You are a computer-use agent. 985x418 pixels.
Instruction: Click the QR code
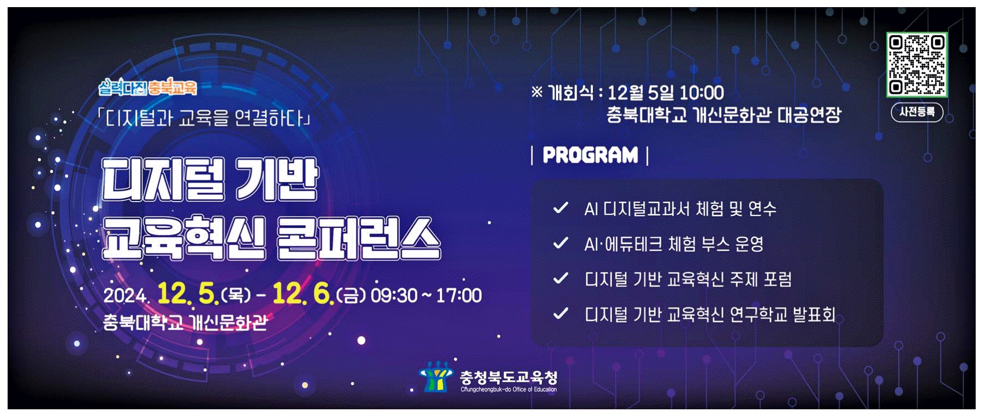point(916,65)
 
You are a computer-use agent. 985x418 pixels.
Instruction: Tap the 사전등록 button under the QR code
point(917,112)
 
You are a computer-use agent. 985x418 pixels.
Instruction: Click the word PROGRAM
point(590,155)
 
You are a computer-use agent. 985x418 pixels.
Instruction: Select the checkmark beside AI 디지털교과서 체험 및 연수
point(561,208)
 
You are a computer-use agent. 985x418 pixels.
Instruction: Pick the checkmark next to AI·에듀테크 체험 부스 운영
point(561,243)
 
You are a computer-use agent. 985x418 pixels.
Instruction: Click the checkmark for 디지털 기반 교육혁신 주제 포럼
point(561,279)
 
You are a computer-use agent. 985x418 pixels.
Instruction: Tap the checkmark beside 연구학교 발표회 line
point(561,314)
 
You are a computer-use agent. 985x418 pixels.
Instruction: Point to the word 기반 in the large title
point(276,179)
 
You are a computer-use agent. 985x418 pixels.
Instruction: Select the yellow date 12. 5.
point(188,294)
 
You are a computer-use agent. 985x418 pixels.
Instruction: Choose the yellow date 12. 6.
point(303,294)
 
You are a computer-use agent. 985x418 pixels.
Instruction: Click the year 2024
point(126,296)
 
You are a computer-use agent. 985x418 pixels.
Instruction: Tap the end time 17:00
point(458,296)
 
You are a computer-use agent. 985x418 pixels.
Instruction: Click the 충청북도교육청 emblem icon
point(435,377)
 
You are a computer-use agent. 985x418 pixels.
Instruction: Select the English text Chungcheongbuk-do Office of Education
point(508,390)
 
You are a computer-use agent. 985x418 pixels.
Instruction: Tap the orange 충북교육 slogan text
point(172,87)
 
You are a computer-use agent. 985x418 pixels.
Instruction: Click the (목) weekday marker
point(235,296)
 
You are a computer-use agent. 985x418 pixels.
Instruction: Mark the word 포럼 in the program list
point(778,279)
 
